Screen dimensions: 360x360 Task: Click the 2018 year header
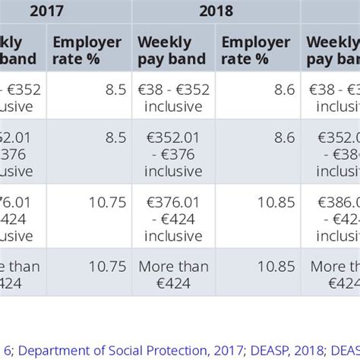(216, 11)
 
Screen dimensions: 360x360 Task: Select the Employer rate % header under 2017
(87, 49)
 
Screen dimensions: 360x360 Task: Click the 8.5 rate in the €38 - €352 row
(115, 90)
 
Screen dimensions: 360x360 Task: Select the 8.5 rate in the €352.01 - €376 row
(115, 137)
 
